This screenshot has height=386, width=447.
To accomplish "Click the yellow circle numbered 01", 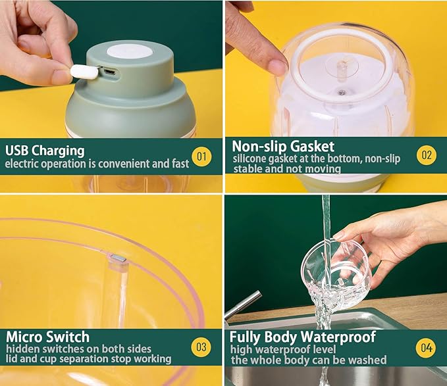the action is tap(201, 157).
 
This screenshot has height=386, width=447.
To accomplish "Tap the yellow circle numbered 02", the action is tap(427, 155).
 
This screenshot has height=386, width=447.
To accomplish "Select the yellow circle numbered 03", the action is tap(201, 347).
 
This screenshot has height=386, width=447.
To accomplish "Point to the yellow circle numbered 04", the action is tap(426, 348).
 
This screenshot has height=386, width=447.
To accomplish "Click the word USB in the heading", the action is tap(16, 150).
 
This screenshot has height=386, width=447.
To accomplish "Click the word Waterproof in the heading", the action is tap(338, 337).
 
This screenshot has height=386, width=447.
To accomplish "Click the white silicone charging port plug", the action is tap(84, 72).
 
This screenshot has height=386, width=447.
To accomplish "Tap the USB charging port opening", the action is tap(109, 72).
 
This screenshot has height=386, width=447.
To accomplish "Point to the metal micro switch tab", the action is tap(118, 258).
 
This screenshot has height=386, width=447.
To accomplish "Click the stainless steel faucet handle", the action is tap(243, 304).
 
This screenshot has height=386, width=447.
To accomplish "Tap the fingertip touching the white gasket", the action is tap(277, 66).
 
